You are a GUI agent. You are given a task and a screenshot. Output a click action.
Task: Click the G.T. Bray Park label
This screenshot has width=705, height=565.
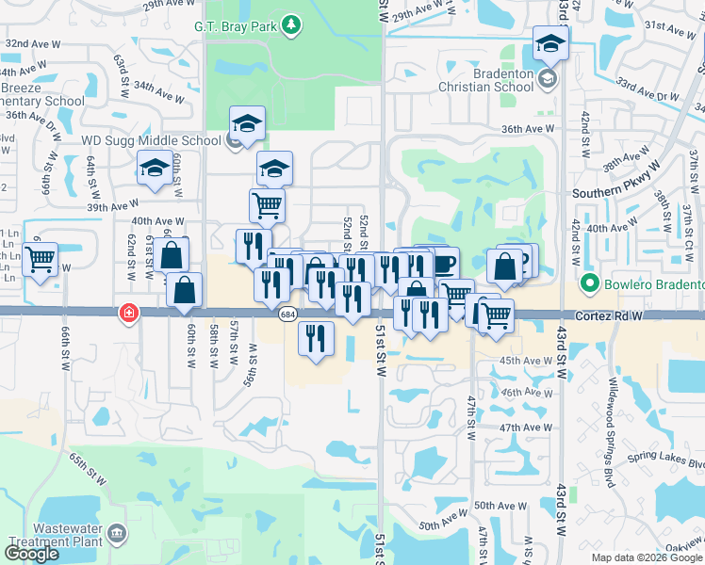coord(236,26)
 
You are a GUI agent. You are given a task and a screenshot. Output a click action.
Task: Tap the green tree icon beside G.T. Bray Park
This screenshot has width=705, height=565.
coord(292,24)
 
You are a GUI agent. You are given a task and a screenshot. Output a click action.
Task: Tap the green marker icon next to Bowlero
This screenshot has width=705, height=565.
coord(590,282)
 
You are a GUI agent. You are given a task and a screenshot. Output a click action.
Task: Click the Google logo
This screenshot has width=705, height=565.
coord(30,554)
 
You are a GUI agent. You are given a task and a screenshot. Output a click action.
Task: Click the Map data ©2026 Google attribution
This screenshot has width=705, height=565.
coord(647,557)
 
